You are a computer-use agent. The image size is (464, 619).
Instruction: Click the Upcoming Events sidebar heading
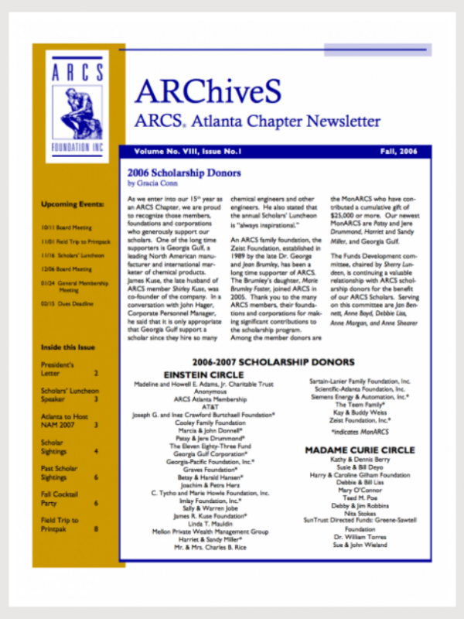tap(73, 204)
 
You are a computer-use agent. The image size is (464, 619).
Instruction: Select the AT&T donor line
tap(210, 405)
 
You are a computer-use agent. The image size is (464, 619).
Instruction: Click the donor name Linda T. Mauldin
tap(210, 524)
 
